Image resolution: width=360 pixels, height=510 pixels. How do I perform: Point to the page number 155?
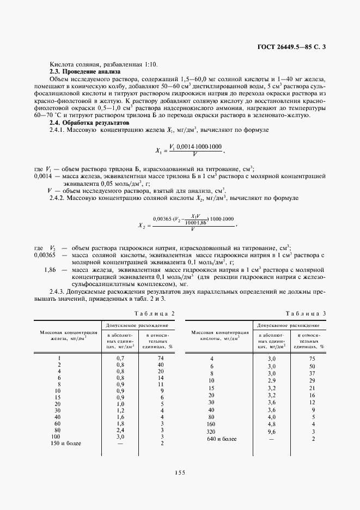coord(180,472)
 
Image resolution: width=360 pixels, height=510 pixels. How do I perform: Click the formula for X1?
coord(190,150)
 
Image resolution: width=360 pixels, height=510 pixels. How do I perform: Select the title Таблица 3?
coord(307,313)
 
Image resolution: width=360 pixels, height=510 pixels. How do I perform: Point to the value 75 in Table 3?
coord(312,359)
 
